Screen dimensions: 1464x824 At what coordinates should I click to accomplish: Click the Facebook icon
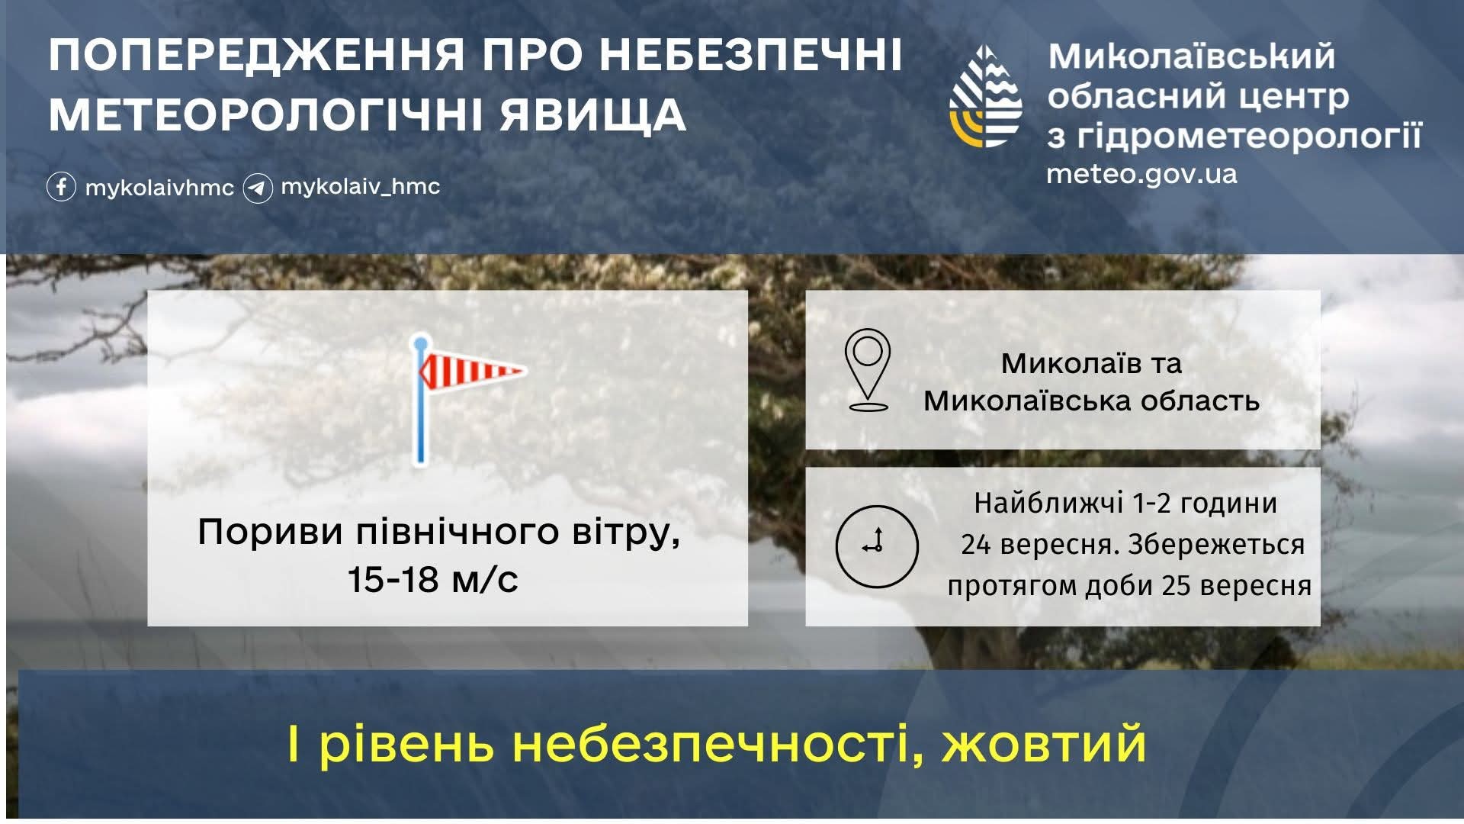click(x=61, y=187)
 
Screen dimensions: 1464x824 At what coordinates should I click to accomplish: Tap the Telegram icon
click(x=258, y=188)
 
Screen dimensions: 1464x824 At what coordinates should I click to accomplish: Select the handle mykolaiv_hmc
click(x=361, y=187)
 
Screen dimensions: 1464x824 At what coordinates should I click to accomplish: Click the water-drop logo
click(x=986, y=96)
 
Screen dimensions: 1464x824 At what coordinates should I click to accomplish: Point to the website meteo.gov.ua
click(x=1141, y=175)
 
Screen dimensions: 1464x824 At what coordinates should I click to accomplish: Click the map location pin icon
click(x=868, y=370)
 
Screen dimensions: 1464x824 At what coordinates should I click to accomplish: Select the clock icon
click(x=877, y=546)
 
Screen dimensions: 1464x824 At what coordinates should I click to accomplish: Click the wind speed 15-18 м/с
click(x=433, y=579)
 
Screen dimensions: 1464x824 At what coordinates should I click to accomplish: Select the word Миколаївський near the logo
click(x=1191, y=56)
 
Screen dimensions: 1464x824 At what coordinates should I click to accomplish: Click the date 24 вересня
click(x=1040, y=545)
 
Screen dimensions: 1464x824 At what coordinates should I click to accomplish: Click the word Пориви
click(x=271, y=533)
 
